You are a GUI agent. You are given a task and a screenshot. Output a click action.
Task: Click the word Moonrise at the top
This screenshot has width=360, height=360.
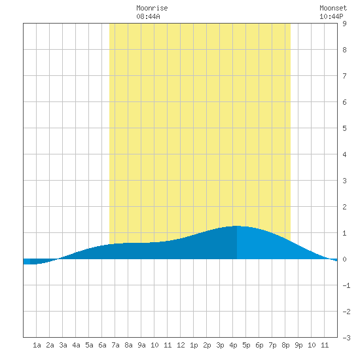152,8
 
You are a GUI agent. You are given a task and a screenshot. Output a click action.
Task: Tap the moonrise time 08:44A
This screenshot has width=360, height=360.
148,16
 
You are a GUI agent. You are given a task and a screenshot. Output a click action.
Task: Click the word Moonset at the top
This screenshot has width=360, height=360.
333,8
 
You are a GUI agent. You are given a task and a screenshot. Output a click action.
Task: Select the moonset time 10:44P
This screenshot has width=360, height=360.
331,16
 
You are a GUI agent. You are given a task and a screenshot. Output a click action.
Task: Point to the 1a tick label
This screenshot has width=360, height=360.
37,345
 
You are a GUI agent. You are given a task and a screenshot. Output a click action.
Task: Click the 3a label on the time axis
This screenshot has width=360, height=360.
63,345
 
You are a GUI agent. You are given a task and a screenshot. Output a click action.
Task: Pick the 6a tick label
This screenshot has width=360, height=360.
102,345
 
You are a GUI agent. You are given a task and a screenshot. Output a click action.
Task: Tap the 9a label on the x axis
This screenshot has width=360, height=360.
141,345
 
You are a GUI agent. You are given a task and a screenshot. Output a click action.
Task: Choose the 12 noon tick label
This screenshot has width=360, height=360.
181,345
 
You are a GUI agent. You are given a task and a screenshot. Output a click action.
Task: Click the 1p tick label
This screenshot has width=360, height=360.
194,345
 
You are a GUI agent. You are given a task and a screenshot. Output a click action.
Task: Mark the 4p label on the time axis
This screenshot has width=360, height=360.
233,345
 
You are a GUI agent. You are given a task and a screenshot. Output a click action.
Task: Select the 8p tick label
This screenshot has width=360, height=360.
285,345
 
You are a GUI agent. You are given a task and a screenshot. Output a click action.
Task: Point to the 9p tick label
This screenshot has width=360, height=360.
298,345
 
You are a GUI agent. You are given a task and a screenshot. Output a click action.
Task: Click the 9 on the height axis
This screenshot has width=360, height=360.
344,24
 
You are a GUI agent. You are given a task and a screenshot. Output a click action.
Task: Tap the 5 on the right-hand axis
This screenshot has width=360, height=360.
344,128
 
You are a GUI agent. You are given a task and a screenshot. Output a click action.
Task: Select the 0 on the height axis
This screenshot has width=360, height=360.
344,259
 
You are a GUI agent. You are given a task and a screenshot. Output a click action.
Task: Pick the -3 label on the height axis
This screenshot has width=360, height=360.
346,338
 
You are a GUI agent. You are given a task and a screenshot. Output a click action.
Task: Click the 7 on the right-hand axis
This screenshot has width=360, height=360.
344,76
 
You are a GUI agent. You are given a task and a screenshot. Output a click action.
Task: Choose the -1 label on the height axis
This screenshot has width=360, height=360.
346,285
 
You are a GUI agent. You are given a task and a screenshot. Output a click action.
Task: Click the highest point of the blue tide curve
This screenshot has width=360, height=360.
236,226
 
